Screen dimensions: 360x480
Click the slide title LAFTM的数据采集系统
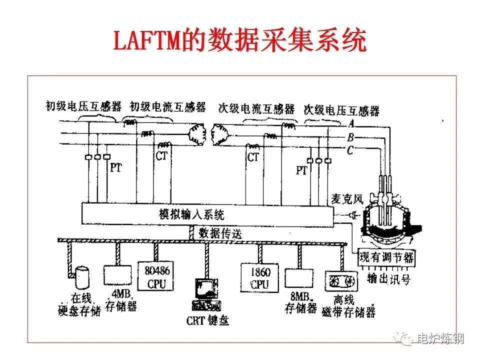(240, 41)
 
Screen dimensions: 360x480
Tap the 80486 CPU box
(155, 276)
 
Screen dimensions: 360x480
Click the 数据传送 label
(220, 232)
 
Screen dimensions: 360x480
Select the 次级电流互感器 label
(256, 108)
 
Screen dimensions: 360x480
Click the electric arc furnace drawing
(388, 220)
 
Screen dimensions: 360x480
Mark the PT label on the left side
(115, 168)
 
